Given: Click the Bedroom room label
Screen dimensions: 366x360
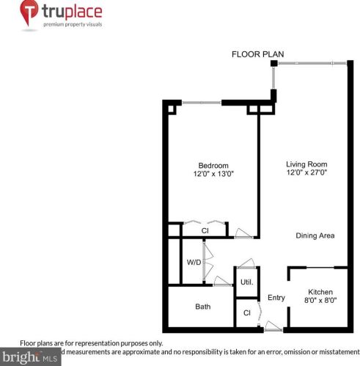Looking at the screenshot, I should [x=213, y=165].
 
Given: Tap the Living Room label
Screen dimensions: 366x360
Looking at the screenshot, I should [x=306, y=164].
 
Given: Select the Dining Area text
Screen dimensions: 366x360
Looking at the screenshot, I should [x=315, y=235].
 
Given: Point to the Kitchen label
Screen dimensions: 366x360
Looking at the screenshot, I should [x=320, y=291].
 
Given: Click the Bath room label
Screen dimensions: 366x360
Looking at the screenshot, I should [x=203, y=307].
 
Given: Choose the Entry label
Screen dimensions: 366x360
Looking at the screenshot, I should [x=276, y=297].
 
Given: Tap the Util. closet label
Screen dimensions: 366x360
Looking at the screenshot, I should [x=246, y=282].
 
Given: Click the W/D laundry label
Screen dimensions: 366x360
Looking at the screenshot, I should [x=193, y=262].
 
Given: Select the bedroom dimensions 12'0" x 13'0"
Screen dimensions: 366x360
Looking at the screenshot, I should [x=213, y=174].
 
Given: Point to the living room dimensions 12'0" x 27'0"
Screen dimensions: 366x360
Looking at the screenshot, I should [x=306, y=174].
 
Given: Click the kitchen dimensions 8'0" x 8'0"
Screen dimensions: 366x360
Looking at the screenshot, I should [x=320, y=300].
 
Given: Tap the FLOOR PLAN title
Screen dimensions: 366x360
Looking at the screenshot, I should [x=257, y=54].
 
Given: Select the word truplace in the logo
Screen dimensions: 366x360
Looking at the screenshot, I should [x=71, y=12].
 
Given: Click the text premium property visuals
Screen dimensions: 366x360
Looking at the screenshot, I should [x=71, y=25].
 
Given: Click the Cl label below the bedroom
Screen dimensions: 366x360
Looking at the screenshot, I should [x=206, y=232].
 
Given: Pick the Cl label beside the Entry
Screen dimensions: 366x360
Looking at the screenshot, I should [x=246, y=313].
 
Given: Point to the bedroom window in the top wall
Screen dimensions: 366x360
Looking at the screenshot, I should [x=200, y=102].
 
